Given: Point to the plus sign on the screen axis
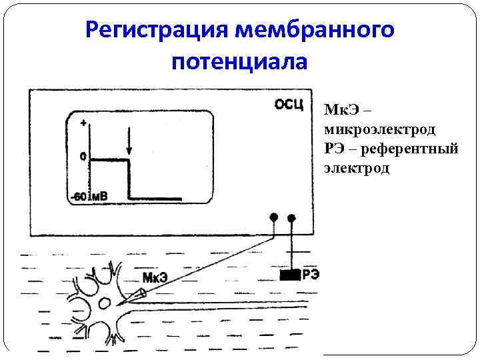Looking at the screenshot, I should tap(83, 123).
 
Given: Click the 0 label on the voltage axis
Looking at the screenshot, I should tap(83, 157).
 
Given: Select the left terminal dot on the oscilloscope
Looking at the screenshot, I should tap(273, 217).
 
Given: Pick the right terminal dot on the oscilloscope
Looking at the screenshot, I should tap(291, 217).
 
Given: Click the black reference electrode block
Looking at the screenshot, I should tap(289, 274).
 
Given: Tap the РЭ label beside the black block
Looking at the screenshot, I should tap(310, 273).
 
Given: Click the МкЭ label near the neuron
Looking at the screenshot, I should tap(155, 277).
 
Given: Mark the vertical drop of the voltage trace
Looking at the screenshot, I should tap(129, 179).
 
